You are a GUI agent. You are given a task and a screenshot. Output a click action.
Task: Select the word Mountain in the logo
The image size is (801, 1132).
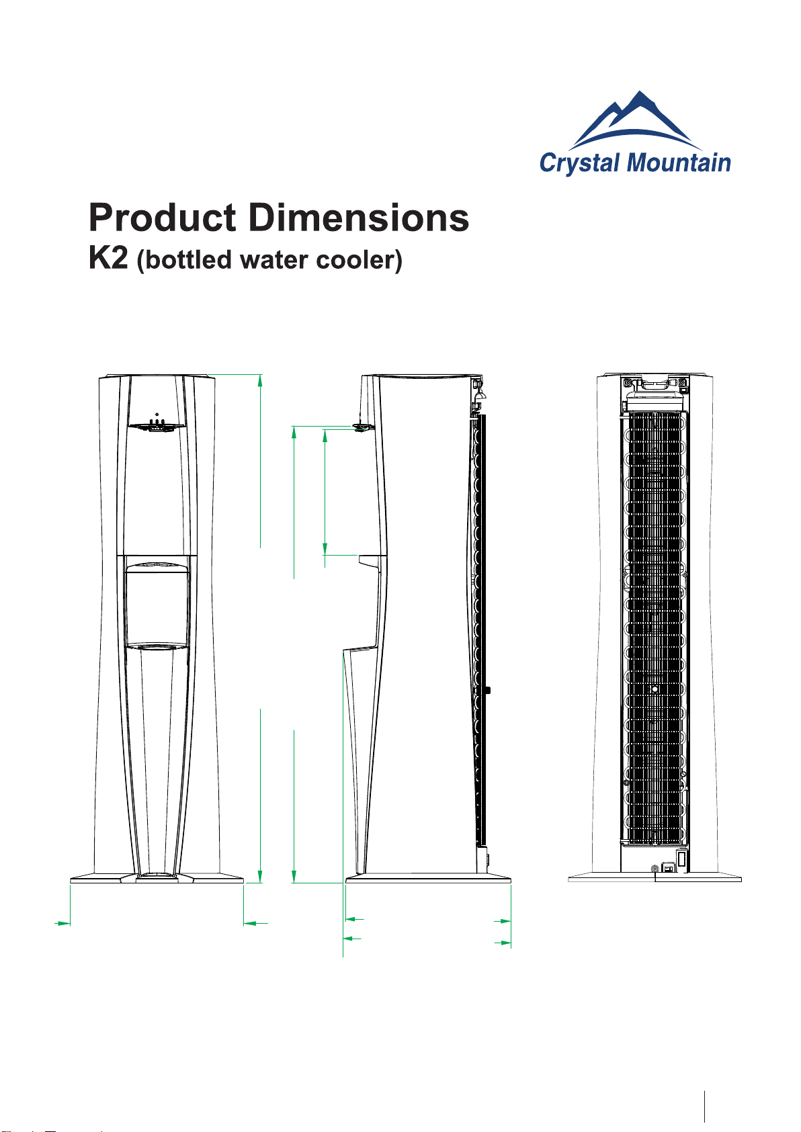click(679, 163)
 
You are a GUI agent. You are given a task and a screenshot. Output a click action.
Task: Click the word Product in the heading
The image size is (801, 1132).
click(162, 218)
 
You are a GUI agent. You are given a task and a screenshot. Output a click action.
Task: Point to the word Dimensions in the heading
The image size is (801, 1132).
click(358, 218)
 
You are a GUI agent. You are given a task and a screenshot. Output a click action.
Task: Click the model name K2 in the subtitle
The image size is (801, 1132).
click(108, 258)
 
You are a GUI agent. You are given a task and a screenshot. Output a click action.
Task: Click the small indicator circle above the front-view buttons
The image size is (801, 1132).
click(157, 415)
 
